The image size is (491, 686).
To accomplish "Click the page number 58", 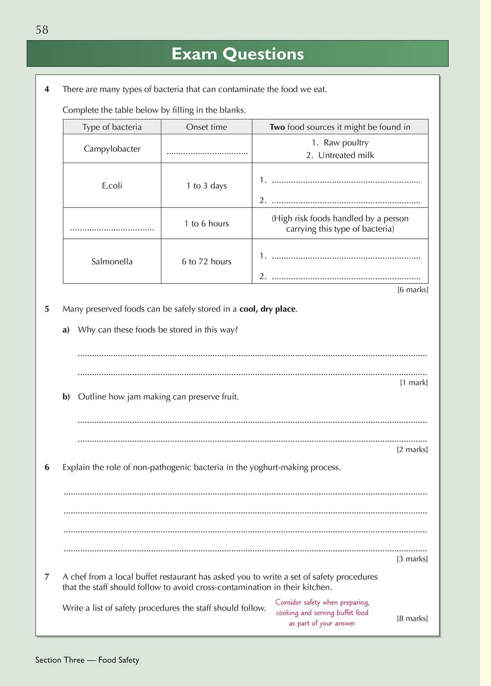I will click(x=42, y=30).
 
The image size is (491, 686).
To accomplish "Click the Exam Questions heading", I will click(x=237, y=54).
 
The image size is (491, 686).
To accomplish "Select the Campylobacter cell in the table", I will click(x=112, y=149).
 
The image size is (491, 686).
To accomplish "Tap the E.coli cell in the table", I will click(x=112, y=186).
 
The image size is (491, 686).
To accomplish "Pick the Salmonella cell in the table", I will click(x=112, y=262).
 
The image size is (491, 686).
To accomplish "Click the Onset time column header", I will click(x=206, y=127).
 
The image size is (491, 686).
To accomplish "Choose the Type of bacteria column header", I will click(x=112, y=127).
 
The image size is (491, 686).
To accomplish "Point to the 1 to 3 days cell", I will click(x=206, y=186).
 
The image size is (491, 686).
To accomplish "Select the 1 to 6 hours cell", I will click(x=206, y=224).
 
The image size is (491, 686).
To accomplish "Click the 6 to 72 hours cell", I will click(x=206, y=262).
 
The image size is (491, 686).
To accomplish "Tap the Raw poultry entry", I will click(x=345, y=143).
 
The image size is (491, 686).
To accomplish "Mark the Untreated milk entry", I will click(x=345, y=156).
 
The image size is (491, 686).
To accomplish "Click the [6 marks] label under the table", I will click(x=413, y=290).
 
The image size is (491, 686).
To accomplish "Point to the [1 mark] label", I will click(x=414, y=383).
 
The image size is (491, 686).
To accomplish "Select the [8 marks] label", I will click(x=412, y=618).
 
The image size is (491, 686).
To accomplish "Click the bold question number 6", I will click(x=47, y=467).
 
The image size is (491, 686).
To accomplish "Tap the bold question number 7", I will click(x=47, y=577).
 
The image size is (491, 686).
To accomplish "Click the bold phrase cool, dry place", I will click(x=268, y=309).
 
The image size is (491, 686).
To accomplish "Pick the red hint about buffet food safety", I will click(x=322, y=613).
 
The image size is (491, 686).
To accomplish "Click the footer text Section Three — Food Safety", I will click(x=87, y=660).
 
